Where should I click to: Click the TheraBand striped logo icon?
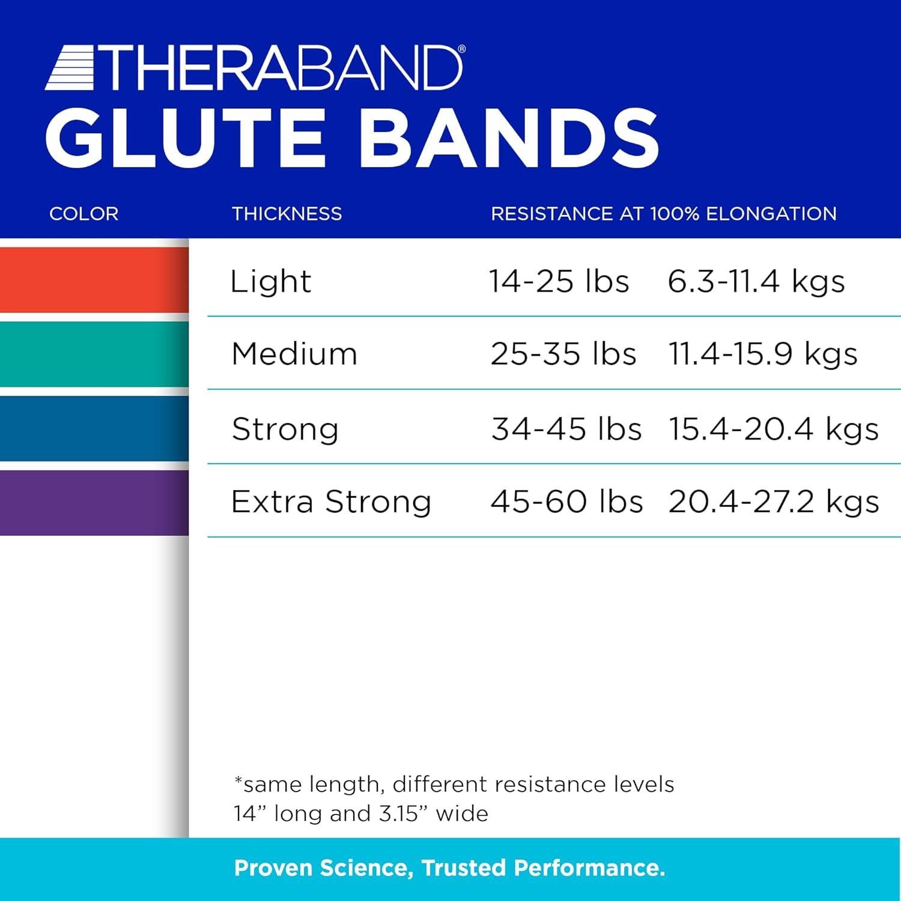point(71,69)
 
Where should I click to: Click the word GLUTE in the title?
point(185,138)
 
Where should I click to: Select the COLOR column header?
point(83,214)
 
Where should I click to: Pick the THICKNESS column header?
point(287,214)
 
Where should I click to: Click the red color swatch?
point(94,280)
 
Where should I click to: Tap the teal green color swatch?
point(94,354)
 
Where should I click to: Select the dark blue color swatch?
point(94,428)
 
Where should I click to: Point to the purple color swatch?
point(94,502)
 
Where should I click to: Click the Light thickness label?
point(270,282)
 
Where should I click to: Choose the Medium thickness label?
point(294,354)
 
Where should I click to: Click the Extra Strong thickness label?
point(331,502)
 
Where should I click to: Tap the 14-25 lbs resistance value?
point(559,281)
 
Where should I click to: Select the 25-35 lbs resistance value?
point(563,354)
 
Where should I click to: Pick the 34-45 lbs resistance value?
point(566,429)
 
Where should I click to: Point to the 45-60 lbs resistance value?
point(566,502)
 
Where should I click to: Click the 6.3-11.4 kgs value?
point(756,281)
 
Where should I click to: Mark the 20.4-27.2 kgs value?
point(773,502)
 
